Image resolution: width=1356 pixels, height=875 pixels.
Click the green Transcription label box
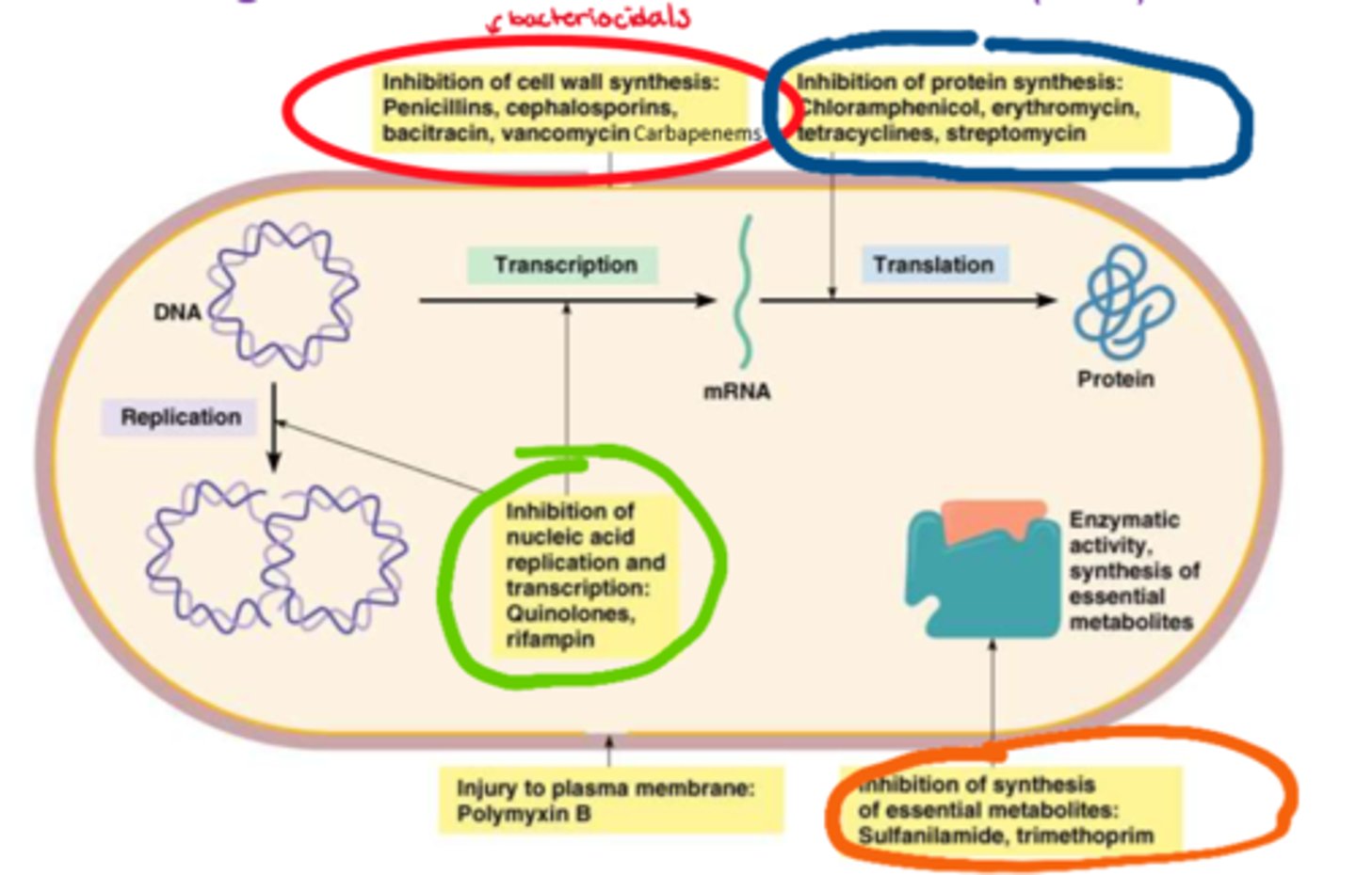point(563,265)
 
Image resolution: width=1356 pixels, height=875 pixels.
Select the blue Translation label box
point(933,265)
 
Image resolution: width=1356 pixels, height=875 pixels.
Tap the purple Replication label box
point(179,417)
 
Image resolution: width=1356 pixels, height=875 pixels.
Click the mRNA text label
point(736,391)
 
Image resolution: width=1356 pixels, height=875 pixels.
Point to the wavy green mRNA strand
point(745,292)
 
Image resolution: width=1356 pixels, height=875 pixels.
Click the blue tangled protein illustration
point(1122,303)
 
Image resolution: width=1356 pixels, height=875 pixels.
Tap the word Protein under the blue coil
point(1116,379)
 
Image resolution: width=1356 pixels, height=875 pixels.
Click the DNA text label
point(177,312)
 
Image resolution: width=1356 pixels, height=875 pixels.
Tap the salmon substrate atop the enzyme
point(993,519)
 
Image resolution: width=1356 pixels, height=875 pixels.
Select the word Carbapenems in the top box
point(696,134)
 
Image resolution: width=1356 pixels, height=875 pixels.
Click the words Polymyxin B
point(524,814)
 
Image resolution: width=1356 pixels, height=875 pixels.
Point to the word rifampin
point(550,639)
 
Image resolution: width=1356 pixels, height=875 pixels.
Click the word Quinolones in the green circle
point(570,613)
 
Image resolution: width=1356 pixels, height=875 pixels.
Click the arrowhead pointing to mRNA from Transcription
point(705,300)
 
